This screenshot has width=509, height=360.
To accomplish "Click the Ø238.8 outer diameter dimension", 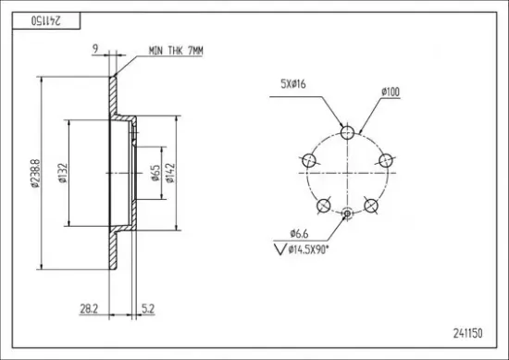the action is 36,173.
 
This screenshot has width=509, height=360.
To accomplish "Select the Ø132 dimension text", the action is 63,173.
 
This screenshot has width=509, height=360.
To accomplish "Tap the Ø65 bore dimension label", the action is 155,173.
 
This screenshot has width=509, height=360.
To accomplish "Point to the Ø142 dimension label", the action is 170,173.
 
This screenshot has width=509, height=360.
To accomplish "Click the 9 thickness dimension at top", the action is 95,49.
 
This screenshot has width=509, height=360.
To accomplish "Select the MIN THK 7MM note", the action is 176,51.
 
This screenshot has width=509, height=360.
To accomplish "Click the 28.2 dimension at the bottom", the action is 89,309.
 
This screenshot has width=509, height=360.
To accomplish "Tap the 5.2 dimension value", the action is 148,309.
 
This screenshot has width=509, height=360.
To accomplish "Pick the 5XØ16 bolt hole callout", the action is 293,84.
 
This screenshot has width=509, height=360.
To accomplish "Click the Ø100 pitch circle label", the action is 391,92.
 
